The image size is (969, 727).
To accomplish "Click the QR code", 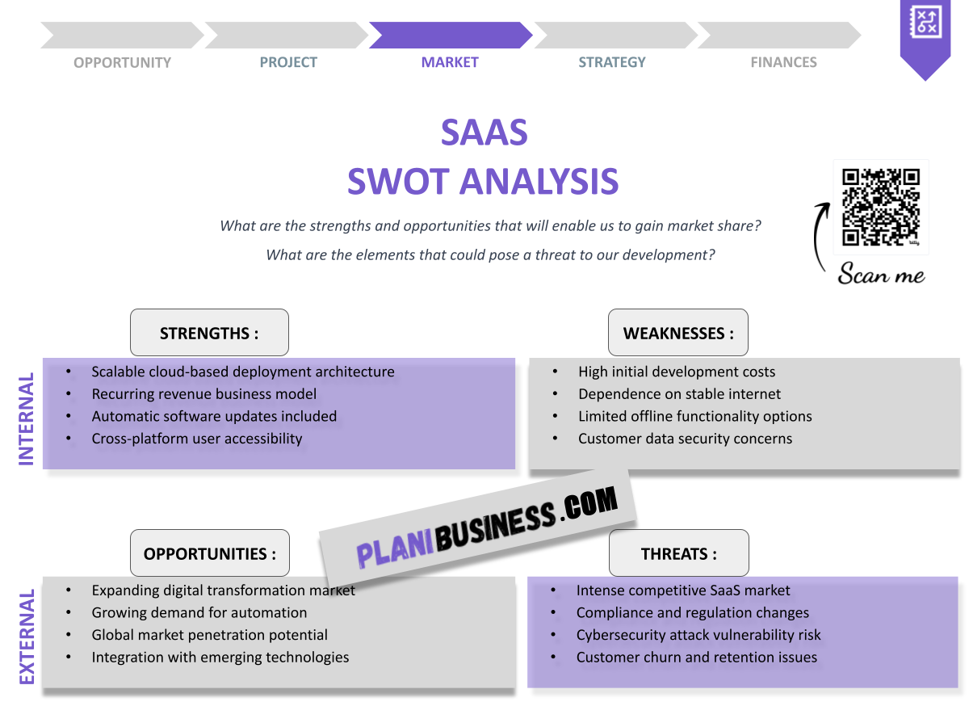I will (x=881, y=206).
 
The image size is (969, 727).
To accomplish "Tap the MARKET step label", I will (x=450, y=62).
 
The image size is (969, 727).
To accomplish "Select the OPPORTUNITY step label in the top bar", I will (x=122, y=62).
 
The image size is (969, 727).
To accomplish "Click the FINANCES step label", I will (x=783, y=62).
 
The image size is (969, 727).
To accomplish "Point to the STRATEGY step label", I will (x=612, y=62).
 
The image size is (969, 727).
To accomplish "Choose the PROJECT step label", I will (x=288, y=62).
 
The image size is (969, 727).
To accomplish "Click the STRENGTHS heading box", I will (x=209, y=333).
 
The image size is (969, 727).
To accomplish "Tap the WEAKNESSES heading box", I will (x=678, y=333).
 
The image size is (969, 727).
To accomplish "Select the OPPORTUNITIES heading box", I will (x=209, y=553).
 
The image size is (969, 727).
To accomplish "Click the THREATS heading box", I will (x=678, y=553).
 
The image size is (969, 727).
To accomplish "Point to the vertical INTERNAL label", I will (x=27, y=418).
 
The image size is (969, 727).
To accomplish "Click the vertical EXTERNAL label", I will (x=27, y=637).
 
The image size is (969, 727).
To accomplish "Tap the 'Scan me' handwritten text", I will (x=881, y=275).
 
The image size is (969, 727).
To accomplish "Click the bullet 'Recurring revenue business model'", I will (x=203, y=394).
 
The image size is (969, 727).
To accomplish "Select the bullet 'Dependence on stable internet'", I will (x=679, y=394).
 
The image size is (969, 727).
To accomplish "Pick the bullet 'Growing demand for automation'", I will (x=199, y=612).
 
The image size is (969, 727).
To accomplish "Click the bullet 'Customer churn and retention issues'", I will (x=696, y=658).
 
